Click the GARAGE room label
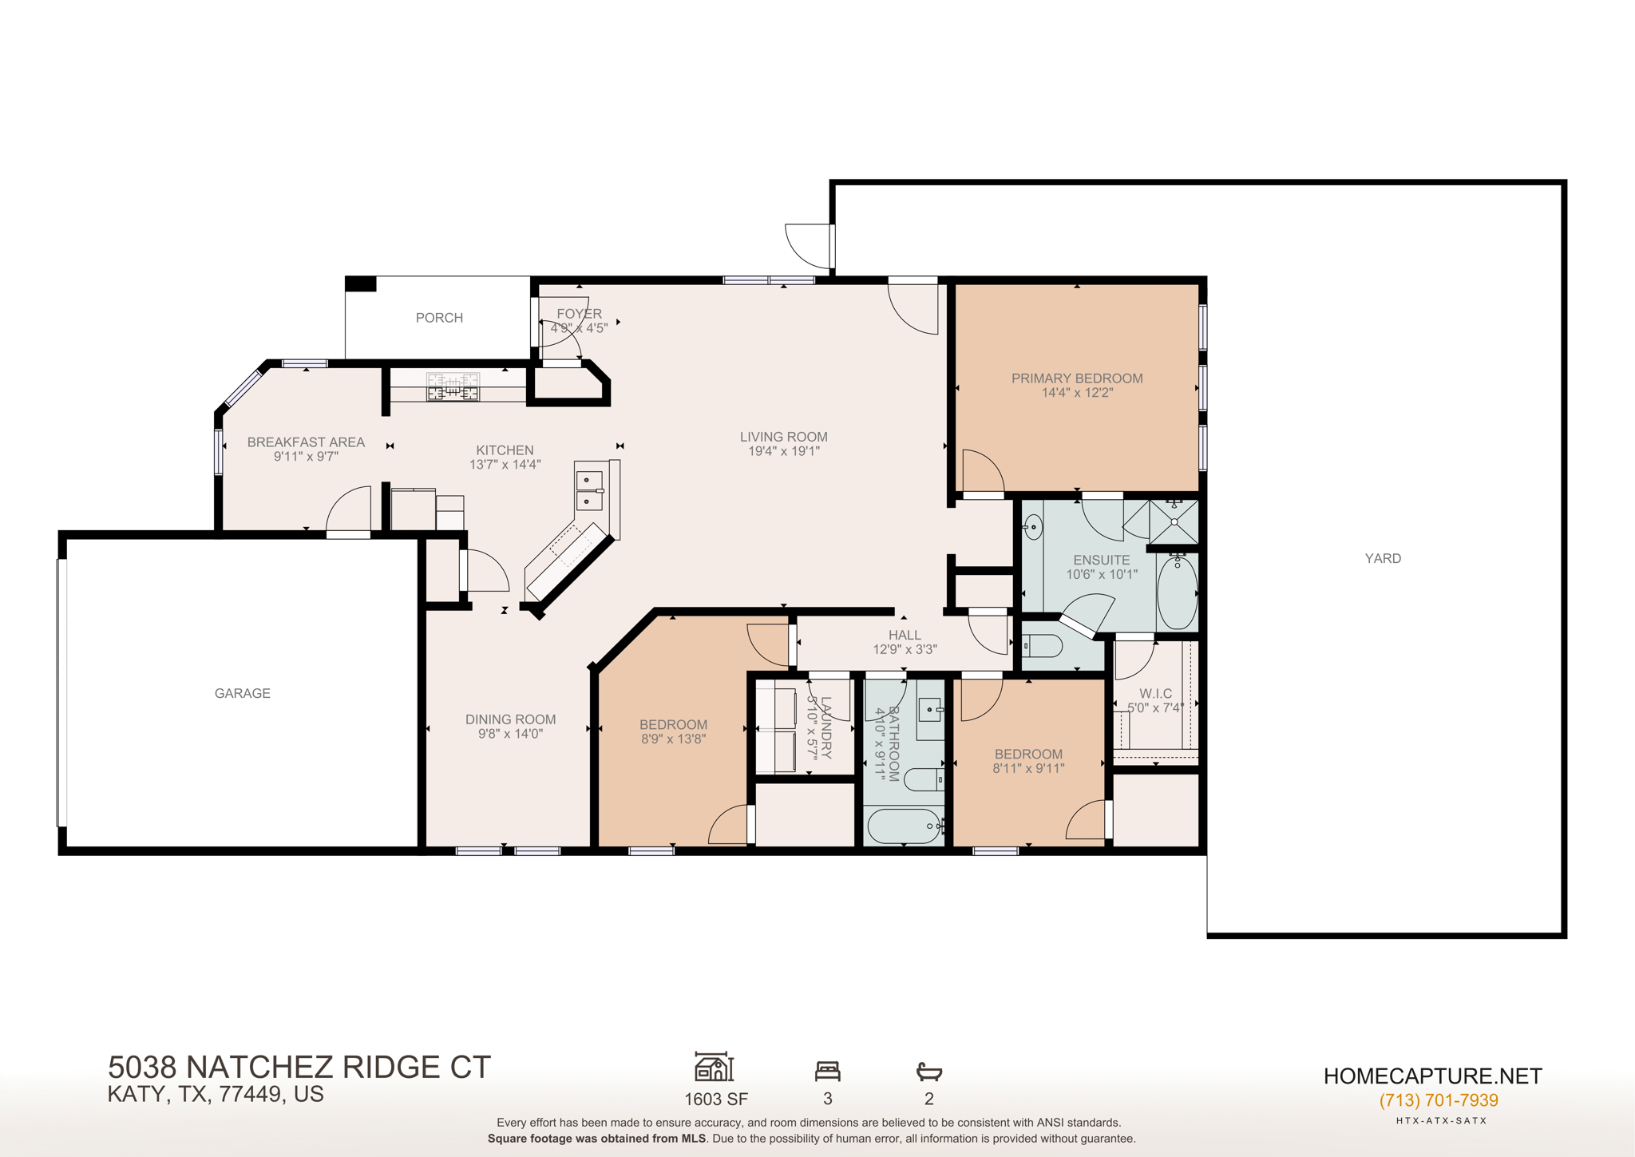pyautogui.click(x=242, y=693)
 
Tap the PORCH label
pyautogui.click(x=439, y=318)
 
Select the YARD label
pyautogui.click(x=1383, y=558)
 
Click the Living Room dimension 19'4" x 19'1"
pyautogui.click(x=783, y=451)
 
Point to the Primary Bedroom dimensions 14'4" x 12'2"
pyautogui.click(x=1077, y=393)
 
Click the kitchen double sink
pyautogui.click(x=589, y=490)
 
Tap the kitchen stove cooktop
pyautogui.click(x=453, y=387)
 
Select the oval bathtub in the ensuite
pyautogui.click(x=1177, y=592)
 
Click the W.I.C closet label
pyautogui.click(x=1155, y=693)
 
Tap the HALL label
pyautogui.click(x=905, y=635)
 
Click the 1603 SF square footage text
pyautogui.click(x=716, y=1100)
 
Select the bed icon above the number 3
pyautogui.click(x=828, y=1071)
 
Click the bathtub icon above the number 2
pyautogui.click(x=929, y=1071)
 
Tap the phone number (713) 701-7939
pyautogui.click(x=1439, y=1100)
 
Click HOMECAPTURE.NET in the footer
pyautogui.click(x=1432, y=1076)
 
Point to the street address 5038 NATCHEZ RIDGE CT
pyautogui.click(x=299, y=1068)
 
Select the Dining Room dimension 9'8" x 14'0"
pyautogui.click(x=510, y=734)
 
